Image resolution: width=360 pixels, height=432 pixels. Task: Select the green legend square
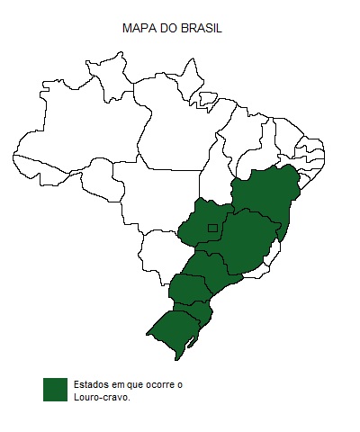55,389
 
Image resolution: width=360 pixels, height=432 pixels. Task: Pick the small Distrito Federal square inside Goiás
212,228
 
